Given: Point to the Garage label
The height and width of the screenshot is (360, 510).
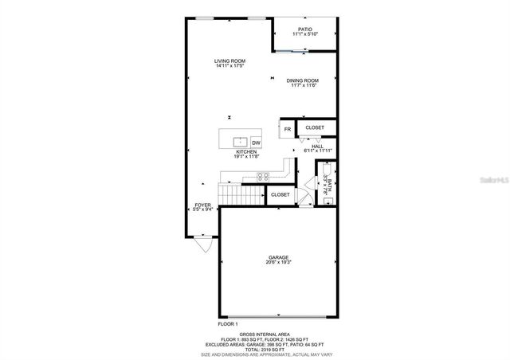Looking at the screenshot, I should point(278,258).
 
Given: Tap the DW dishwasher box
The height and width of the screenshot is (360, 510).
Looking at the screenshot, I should point(257,143).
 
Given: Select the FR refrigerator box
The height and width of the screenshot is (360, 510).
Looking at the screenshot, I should point(287,128).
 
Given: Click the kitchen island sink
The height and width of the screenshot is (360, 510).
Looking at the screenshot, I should point(241,143).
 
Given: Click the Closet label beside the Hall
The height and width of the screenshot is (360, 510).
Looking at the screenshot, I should point(315,127).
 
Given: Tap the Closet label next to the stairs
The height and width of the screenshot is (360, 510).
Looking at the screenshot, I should point(280,194).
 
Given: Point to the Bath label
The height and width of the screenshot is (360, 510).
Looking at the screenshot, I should point(326,186).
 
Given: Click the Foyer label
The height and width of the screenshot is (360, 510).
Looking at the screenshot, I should point(203,205).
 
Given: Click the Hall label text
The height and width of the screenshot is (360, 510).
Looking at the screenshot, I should point(316,147).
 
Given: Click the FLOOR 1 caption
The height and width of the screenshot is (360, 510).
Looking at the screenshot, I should point(228,324).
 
